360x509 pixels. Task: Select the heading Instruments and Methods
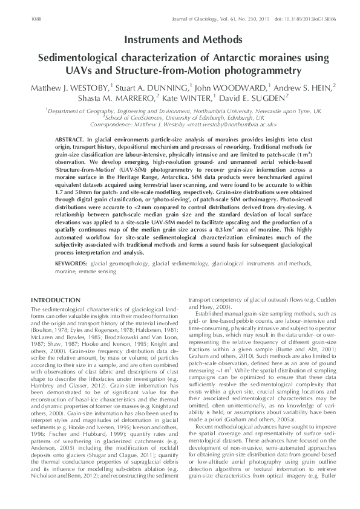coord(180,40)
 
